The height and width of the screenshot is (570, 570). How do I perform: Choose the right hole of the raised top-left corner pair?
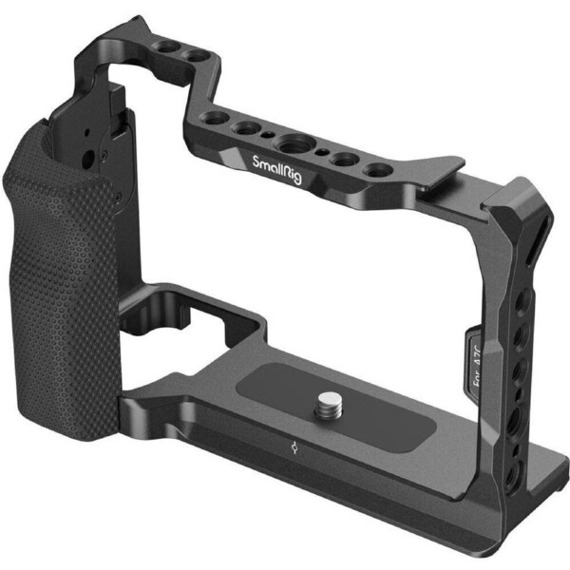(x=192, y=55)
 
